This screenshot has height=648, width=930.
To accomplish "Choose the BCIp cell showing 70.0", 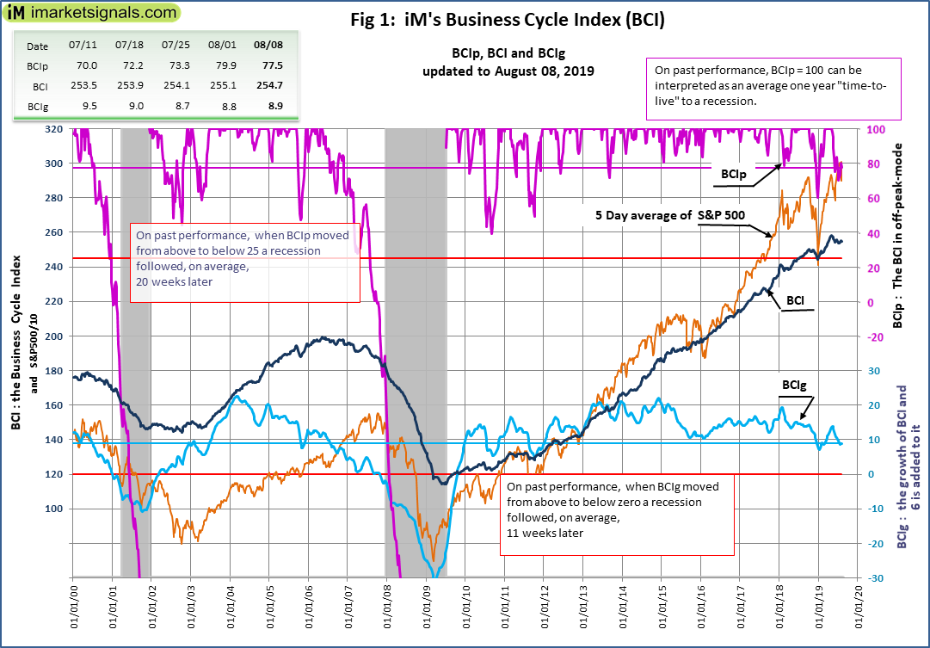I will pos(85,64).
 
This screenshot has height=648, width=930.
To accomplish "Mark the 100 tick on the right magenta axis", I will pos(874,129).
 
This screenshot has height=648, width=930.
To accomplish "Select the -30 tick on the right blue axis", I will pos(874,577).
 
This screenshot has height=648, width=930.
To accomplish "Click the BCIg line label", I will pos(793,385).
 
